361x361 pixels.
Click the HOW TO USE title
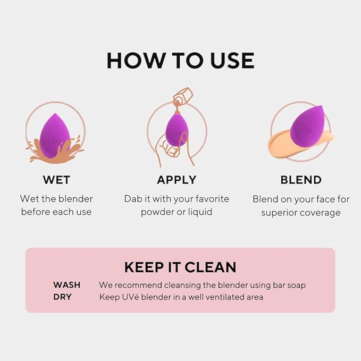pyautogui.click(x=180, y=61)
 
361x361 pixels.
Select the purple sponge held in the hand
pyautogui.click(x=177, y=129)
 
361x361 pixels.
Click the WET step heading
pyautogui.click(x=56, y=180)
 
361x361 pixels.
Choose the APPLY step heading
pyautogui.click(x=177, y=180)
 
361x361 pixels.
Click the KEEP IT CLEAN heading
pyautogui.click(x=180, y=267)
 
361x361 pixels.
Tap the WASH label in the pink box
pyautogui.click(x=67, y=285)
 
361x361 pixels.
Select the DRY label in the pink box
pyautogui.click(x=62, y=297)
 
